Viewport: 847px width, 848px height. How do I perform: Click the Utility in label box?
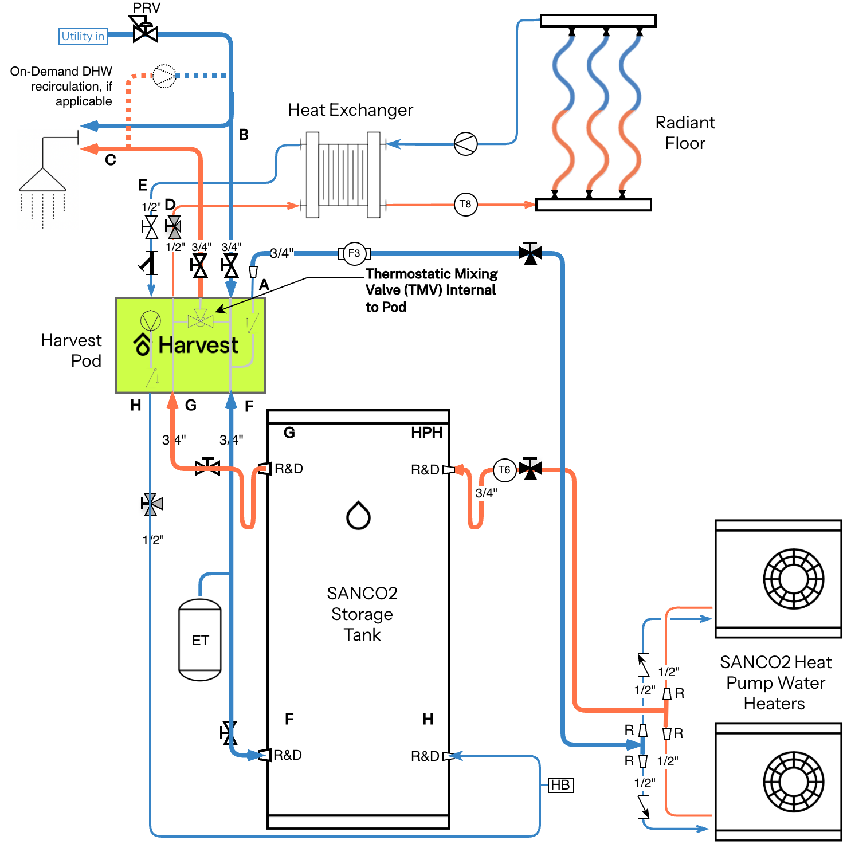tap(83, 36)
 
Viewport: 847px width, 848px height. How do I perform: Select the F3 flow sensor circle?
tap(354, 253)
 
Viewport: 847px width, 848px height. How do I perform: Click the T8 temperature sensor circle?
tap(466, 204)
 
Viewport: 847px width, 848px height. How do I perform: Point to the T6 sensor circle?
tap(504, 470)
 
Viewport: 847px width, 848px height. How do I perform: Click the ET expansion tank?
tap(200, 639)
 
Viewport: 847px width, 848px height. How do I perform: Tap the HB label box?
tap(560, 785)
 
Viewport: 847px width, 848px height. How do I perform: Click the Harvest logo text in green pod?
tap(198, 345)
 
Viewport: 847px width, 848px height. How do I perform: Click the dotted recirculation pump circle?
tap(164, 76)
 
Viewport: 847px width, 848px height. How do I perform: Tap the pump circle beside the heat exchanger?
tap(465, 144)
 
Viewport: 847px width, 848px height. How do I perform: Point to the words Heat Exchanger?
tap(350, 110)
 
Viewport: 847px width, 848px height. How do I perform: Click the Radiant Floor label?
tap(685, 132)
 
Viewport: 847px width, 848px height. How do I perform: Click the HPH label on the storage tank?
tap(427, 433)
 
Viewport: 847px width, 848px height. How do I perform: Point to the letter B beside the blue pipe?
tap(244, 135)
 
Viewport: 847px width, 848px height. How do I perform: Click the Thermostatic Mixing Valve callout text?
tap(432, 290)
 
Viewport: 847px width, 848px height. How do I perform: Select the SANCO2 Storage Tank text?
tap(362, 614)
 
